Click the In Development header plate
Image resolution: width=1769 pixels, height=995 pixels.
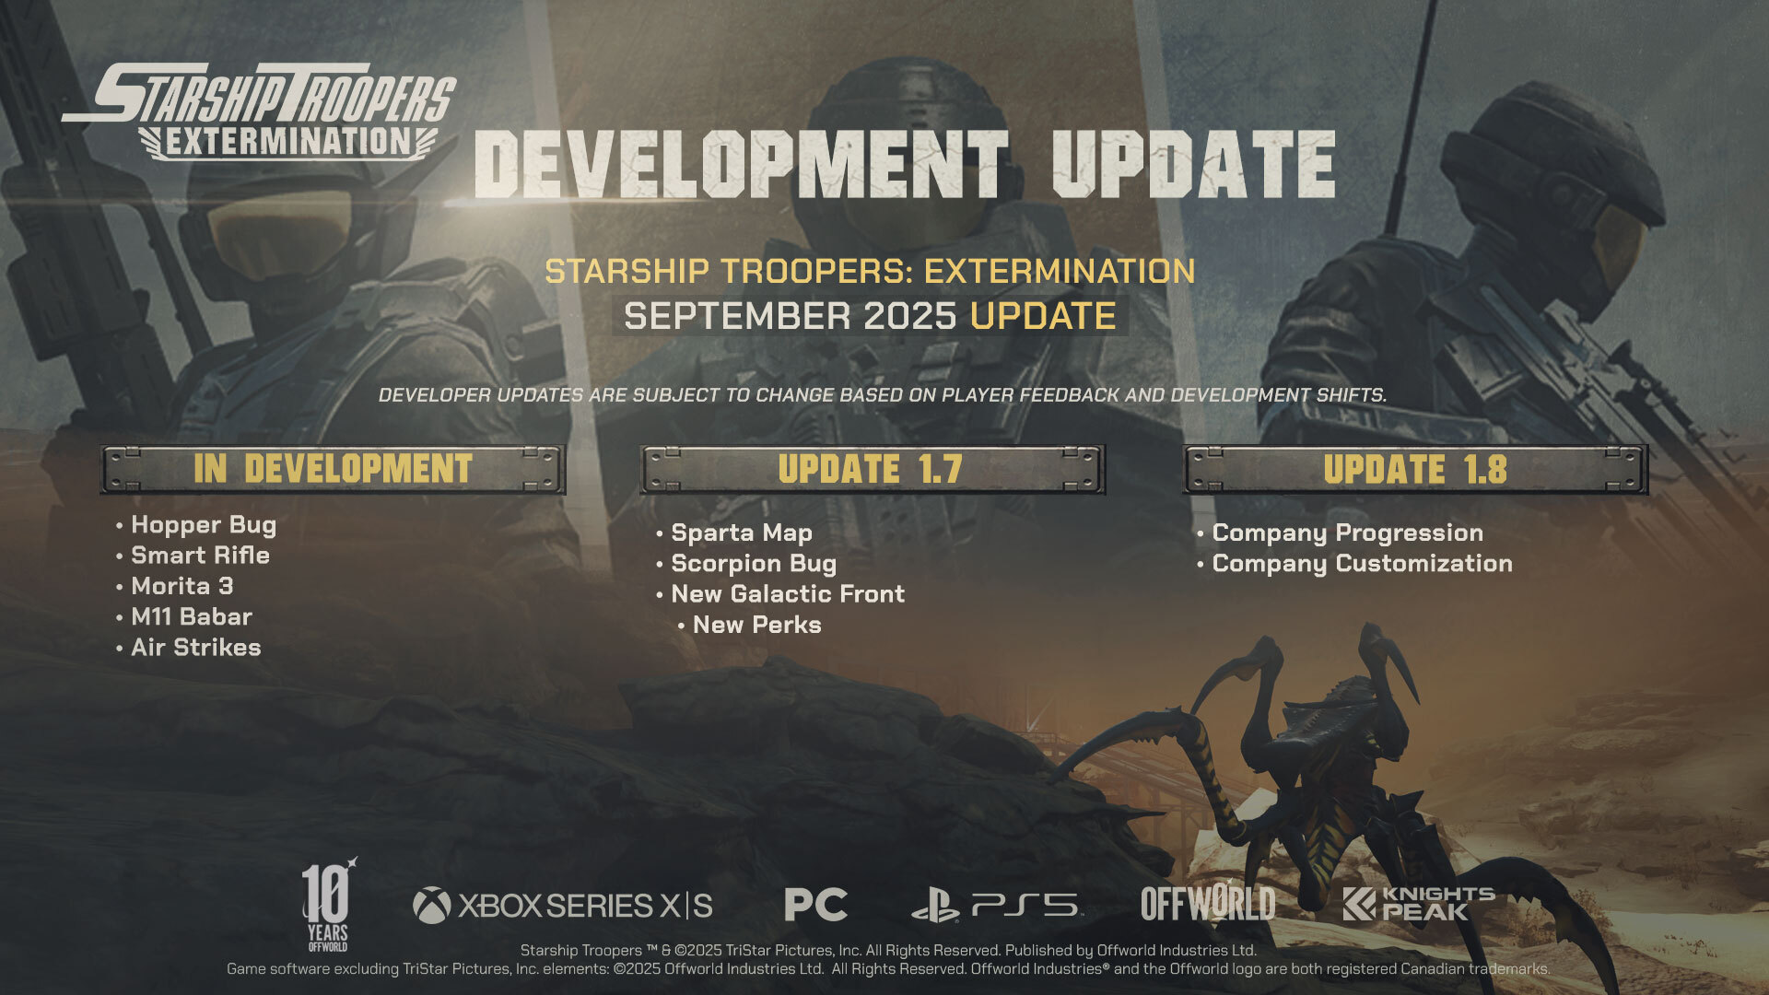coord(333,470)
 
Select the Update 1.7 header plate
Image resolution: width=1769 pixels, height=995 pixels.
coord(872,470)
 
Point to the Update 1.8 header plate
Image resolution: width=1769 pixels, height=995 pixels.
coord(1415,470)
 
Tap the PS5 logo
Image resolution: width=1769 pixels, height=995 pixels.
coord(997,907)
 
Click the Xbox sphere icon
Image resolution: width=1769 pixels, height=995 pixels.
coord(431,906)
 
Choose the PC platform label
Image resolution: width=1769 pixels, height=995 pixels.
coord(815,905)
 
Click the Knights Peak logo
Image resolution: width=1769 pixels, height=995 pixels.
coord(1418,905)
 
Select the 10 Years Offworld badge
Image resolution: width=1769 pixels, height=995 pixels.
coord(328,905)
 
